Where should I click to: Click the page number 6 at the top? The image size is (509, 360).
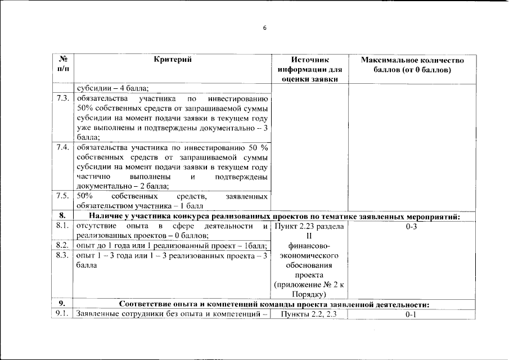(265, 29)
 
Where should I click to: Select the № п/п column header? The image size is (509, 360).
(62, 65)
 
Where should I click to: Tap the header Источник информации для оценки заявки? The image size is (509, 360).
(309, 69)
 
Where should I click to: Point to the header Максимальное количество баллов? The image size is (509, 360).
(412, 65)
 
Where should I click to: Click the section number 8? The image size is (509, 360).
(62, 216)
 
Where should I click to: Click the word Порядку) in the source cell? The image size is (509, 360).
(309, 294)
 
